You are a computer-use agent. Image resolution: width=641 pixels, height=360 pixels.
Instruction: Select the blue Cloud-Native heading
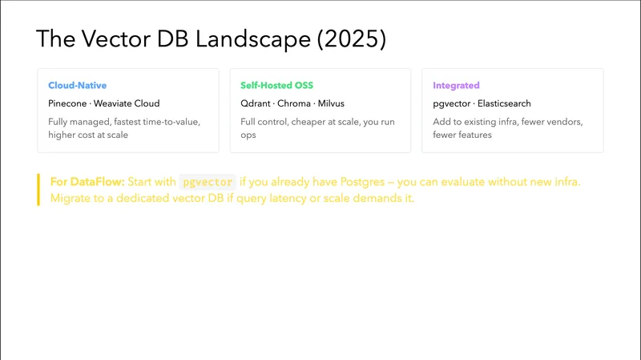[77, 85]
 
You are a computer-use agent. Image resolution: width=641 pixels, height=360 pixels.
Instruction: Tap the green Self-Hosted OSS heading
[276, 85]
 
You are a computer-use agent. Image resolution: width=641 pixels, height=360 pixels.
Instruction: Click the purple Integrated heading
[456, 85]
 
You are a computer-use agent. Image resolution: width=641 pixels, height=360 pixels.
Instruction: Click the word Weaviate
[118, 103]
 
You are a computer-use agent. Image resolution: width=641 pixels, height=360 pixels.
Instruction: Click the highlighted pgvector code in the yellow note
[207, 182]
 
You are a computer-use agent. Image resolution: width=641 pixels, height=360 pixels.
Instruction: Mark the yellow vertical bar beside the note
[38, 189]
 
